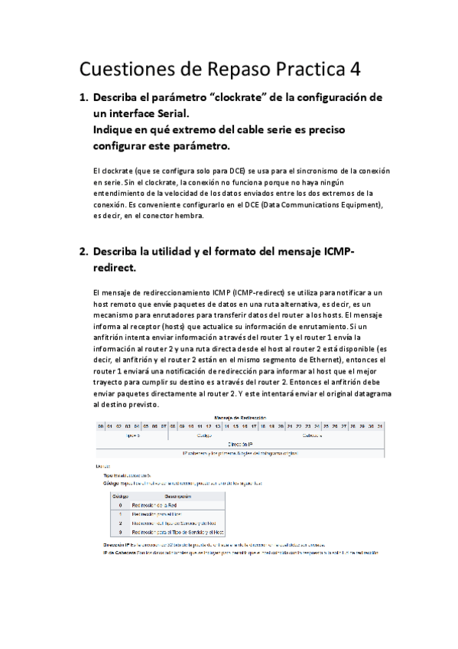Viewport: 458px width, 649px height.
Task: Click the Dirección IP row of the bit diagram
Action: [241, 443]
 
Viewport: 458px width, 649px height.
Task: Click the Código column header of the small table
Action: [120, 497]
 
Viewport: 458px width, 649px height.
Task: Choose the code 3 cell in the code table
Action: [120, 531]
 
